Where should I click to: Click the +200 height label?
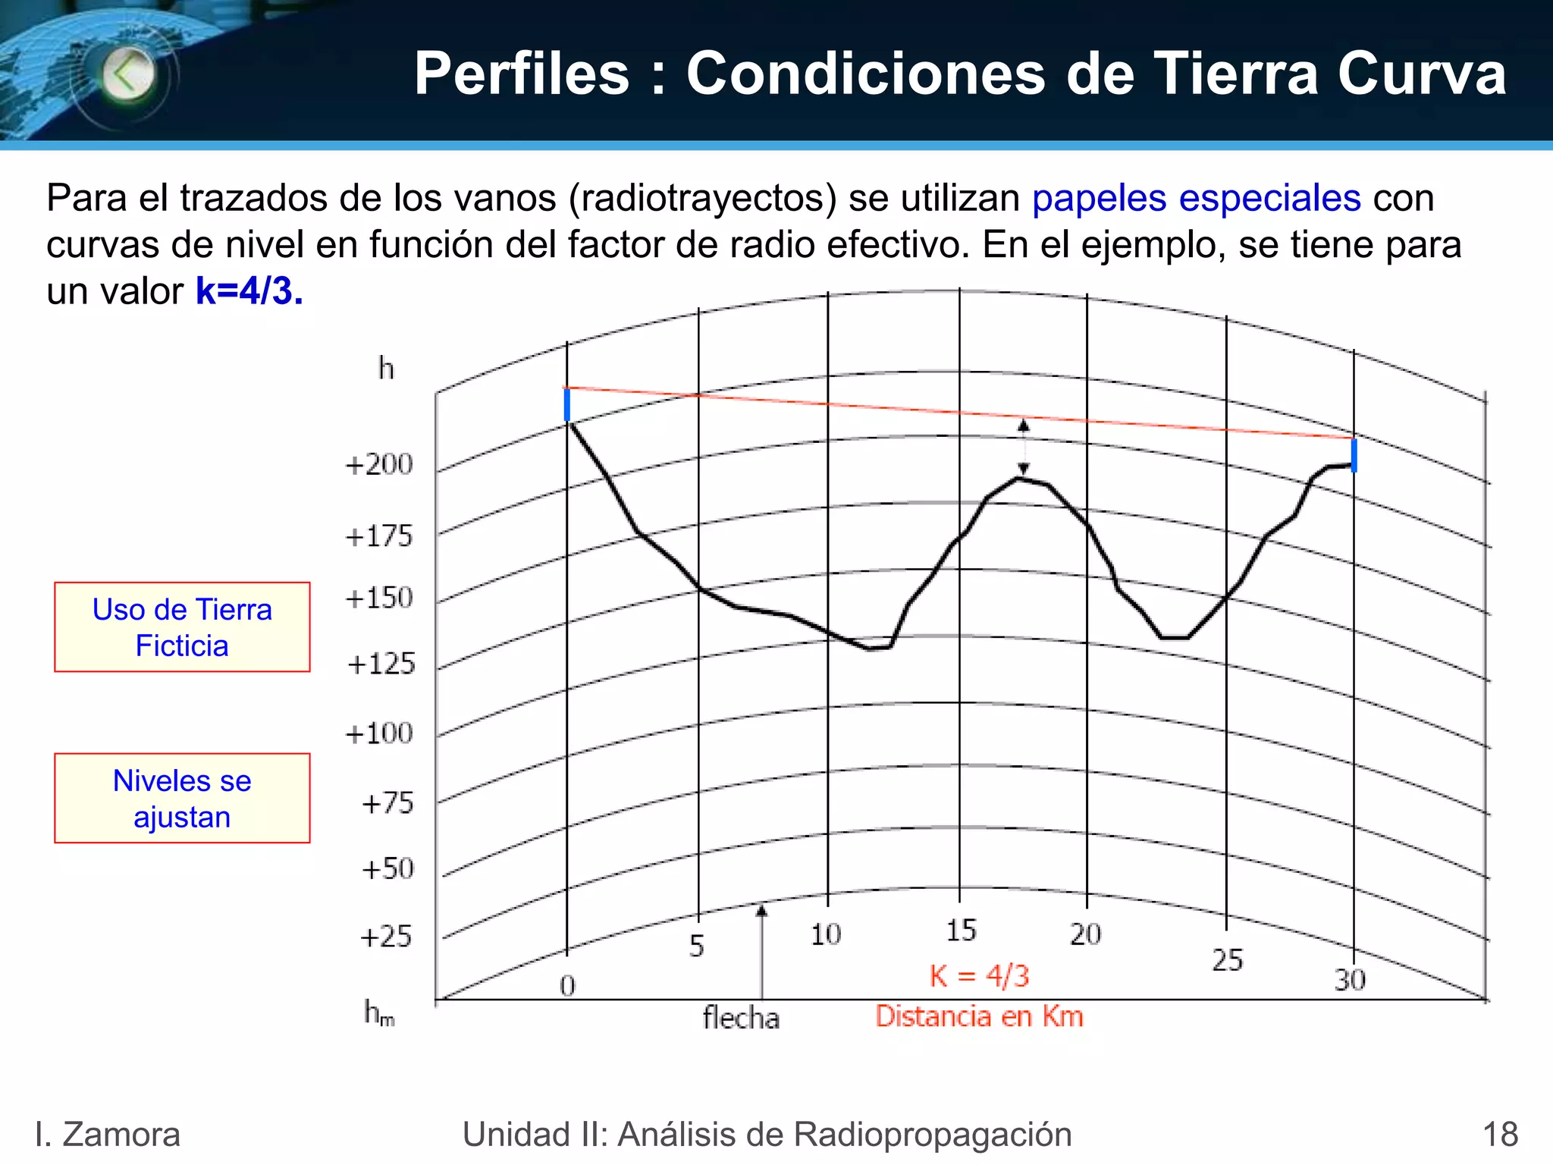coord(379,464)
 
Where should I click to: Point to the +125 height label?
coord(381,664)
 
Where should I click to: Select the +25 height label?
coord(386,937)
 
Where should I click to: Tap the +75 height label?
coord(387,803)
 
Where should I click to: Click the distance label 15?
coord(961,931)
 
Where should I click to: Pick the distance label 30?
coord(1350,980)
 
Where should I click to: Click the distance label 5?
coord(697,946)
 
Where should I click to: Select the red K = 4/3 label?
coord(980,976)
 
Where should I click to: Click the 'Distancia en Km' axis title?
coord(980,1016)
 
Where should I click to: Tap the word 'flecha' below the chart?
coord(741,1018)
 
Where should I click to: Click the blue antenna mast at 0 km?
coord(567,404)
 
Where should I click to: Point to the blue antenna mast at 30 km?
coord(1354,455)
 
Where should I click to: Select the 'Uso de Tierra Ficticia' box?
coord(182,627)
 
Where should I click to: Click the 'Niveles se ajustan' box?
coord(182,798)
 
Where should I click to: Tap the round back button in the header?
coord(128,74)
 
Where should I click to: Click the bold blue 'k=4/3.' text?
coord(249,291)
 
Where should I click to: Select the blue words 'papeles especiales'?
coord(1197,199)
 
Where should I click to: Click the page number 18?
coord(1500,1135)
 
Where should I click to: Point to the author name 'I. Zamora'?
coord(108,1135)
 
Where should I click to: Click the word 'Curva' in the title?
coord(1422,74)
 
